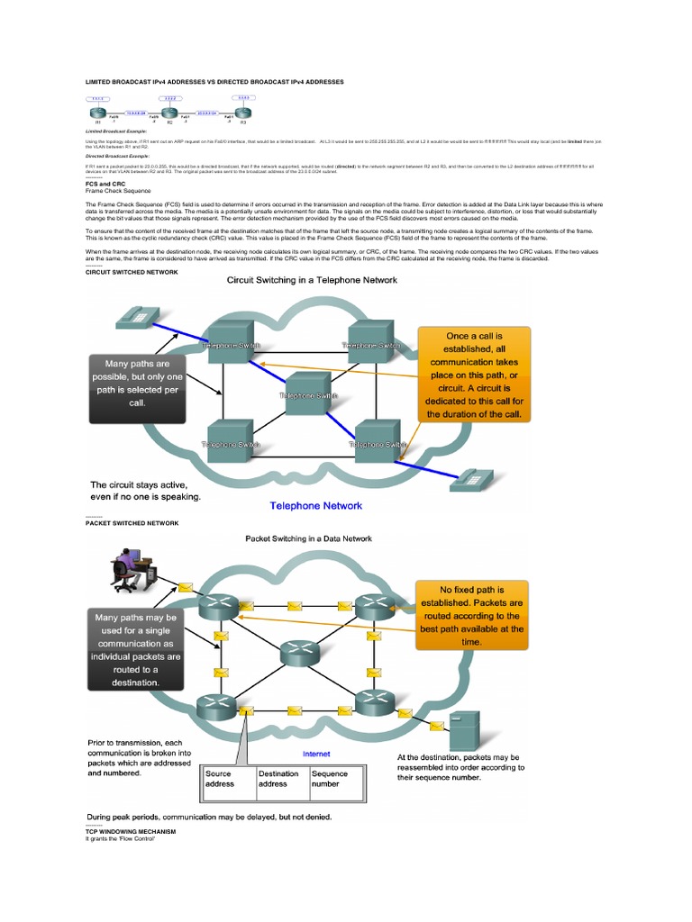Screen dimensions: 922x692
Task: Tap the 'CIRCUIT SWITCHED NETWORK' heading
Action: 132,271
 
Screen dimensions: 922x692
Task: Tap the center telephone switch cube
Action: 309,393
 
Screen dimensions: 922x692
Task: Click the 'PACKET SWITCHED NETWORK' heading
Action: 132,522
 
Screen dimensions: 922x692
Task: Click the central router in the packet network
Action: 298,653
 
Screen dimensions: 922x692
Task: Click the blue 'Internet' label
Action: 315,754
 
